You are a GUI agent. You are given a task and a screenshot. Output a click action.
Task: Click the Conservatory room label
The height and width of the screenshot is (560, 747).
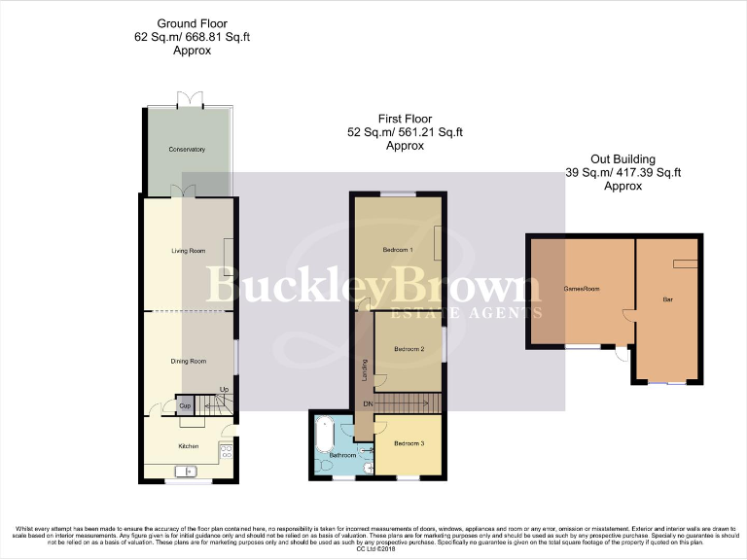pyautogui.click(x=187, y=149)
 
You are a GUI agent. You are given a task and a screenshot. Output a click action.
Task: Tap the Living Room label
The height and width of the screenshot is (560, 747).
pyautogui.click(x=188, y=251)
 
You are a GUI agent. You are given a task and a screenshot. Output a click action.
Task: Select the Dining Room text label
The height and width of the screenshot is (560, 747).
pyautogui.click(x=189, y=361)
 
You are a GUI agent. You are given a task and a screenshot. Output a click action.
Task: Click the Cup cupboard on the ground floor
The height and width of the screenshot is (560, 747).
pyautogui.click(x=183, y=404)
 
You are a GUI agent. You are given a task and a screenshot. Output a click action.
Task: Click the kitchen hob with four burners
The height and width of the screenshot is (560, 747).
pyautogui.click(x=227, y=450)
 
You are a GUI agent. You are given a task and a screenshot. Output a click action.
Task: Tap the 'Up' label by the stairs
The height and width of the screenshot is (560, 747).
pyautogui.click(x=224, y=390)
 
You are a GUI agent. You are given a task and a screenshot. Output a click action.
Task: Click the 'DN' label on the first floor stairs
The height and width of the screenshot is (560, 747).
pyautogui.click(x=367, y=403)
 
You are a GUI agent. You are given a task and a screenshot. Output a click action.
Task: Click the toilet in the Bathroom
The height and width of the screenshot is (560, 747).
pyautogui.click(x=323, y=467)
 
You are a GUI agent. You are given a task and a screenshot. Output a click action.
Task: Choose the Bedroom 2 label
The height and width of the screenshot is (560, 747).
pyautogui.click(x=408, y=348)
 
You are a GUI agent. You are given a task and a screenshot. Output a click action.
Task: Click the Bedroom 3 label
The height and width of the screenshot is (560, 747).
pyautogui.click(x=409, y=444)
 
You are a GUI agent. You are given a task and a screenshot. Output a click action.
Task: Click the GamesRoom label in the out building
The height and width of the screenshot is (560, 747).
pyautogui.click(x=582, y=288)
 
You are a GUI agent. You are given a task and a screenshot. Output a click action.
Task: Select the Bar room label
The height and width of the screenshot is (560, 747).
pyautogui.click(x=667, y=299)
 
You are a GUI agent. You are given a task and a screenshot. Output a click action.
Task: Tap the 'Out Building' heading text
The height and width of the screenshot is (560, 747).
pyautogui.click(x=623, y=159)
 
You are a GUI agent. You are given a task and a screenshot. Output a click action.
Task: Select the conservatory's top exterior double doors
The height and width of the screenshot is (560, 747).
pyautogui.click(x=187, y=99)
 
